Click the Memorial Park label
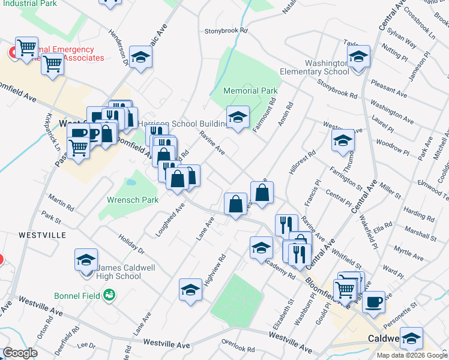coord(250,91)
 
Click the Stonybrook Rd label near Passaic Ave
coord(226,30)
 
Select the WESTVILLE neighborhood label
coord(42,235)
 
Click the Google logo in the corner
coord(20,353)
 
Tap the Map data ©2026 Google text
coord(412,355)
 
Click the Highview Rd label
coord(214,269)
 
